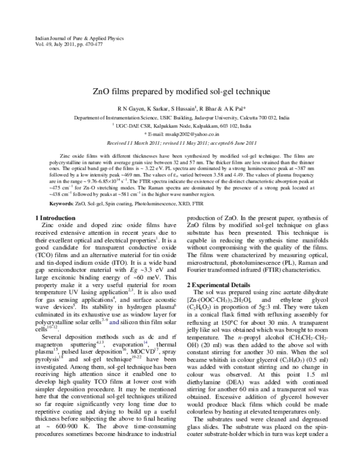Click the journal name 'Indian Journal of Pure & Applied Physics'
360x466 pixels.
click(67, 38)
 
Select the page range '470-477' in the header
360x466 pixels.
click(94, 44)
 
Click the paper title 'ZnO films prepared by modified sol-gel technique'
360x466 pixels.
click(180, 92)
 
